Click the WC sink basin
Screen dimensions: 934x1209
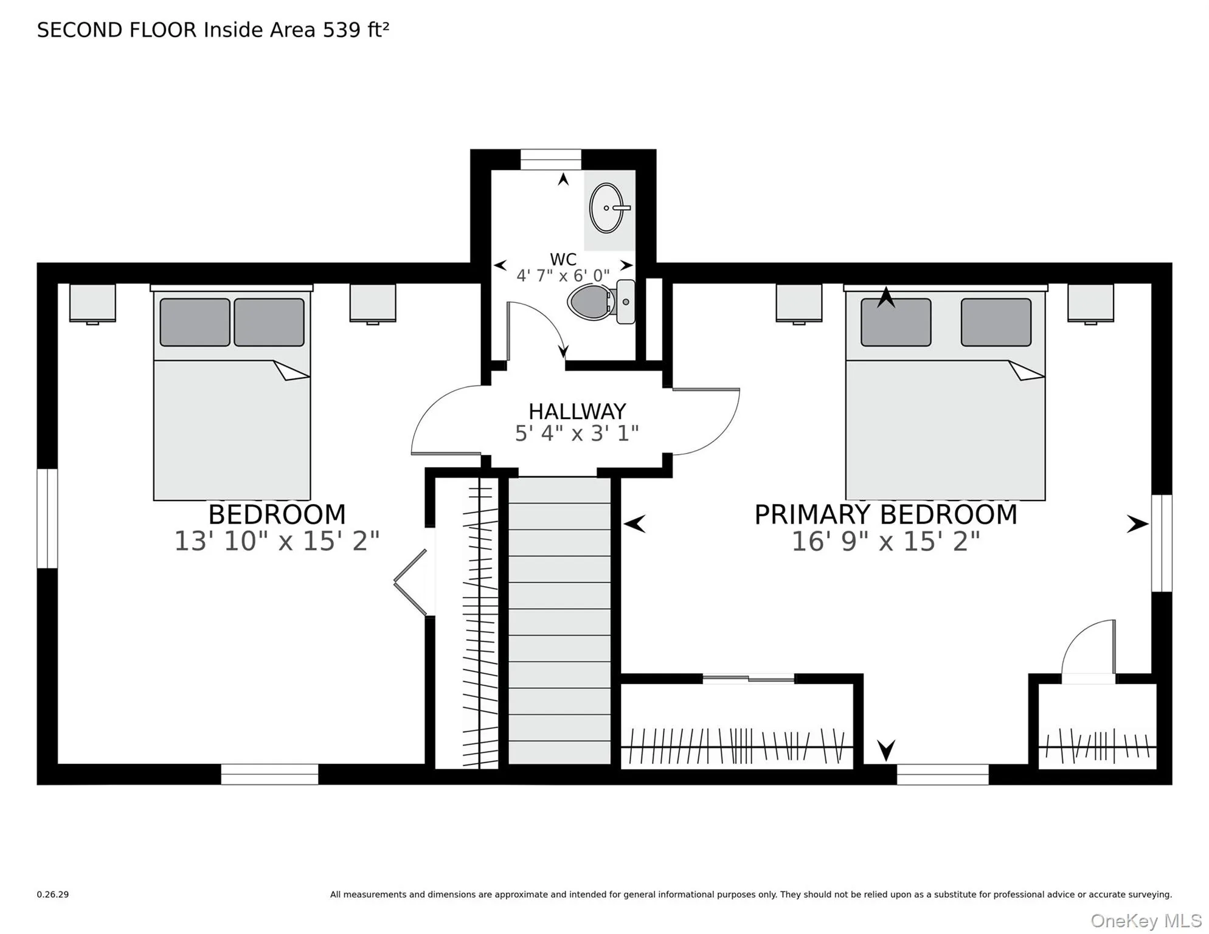[x=606, y=208]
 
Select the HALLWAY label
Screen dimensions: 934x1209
[x=577, y=412]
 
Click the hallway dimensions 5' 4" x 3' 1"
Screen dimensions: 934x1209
[x=577, y=434]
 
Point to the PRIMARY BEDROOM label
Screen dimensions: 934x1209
[x=885, y=514]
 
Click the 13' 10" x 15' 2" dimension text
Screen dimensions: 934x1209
[x=277, y=541]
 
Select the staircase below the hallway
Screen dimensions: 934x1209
[x=559, y=620]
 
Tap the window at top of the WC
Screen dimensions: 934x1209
[x=550, y=160]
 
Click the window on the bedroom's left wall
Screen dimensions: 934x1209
[x=47, y=518]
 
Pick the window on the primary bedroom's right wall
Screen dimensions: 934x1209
[x=1161, y=543]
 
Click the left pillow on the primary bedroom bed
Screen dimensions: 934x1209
[x=895, y=322]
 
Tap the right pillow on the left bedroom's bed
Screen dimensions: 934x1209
[x=269, y=322]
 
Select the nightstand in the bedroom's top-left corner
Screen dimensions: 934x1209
[x=92, y=302]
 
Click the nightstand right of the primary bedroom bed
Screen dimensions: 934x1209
[x=1090, y=302]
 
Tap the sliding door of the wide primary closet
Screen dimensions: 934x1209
[x=748, y=678]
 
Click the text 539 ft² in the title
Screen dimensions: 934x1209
[x=356, y=30]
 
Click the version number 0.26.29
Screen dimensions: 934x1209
[x=53, y=894]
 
